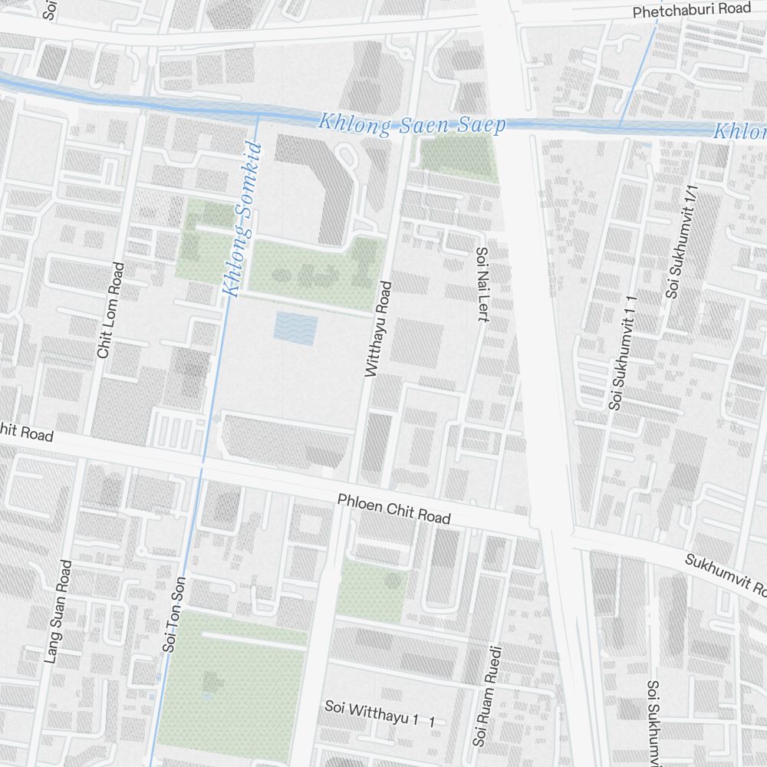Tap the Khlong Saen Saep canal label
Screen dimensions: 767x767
pos(412,124)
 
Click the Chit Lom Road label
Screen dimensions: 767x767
pos(110,310)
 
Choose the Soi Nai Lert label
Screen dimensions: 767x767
pos(482,285)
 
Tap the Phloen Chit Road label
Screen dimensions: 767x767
pos(393,509)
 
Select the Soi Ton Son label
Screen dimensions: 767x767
pos(175,614)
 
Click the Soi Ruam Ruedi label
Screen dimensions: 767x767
pos(487,695)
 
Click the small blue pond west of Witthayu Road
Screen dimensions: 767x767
pos(295,328)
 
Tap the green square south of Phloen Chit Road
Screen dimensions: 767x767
pos(373,591)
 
